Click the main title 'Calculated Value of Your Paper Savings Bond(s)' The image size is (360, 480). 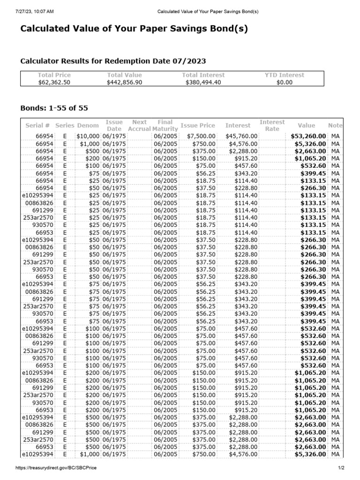click(134, 29)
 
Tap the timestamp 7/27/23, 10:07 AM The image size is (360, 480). click(29, 11)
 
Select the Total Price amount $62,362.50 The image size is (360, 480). click(54, 82)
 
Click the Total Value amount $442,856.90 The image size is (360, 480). click(124, 82)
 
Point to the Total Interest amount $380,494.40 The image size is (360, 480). click(203, 82)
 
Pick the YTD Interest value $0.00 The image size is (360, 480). click(284, 82)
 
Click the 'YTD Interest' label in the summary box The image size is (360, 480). click(284, 75)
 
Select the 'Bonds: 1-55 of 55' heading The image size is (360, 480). click(54, 108)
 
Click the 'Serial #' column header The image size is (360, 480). click(37, 126)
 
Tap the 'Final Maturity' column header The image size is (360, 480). click(165, 125)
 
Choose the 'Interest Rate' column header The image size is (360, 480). click(272, 125)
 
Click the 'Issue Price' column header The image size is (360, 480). click(198, 126)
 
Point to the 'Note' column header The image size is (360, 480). click(335, 126)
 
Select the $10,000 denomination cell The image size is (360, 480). click(88, 136)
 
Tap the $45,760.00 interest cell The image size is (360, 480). click(241, 136)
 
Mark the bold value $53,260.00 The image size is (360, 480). click(308, 136)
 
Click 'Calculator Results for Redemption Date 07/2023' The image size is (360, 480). click(113, 61)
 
